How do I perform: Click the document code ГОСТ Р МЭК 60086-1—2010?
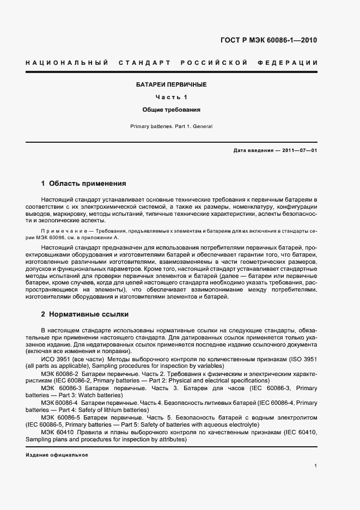pos(269,40)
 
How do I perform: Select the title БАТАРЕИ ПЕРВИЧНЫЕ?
pos(171,84)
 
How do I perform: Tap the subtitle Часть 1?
pos(171,97)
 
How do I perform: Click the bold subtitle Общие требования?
pos(171,110)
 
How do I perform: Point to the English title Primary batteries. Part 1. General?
pos(171,126)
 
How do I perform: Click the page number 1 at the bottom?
pos(316,466)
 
